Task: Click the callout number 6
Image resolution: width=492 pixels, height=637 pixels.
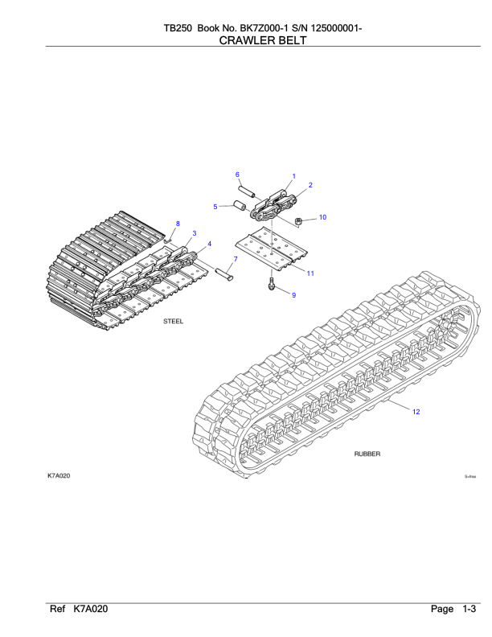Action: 237,175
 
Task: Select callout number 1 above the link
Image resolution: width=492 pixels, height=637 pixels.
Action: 294,176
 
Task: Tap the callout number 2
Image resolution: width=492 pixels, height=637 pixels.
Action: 310,185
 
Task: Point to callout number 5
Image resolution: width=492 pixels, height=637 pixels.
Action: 215,207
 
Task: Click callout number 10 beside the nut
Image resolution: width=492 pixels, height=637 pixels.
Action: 322,217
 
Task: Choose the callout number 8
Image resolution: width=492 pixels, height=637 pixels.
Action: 178,224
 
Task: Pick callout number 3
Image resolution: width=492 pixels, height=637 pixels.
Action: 195,233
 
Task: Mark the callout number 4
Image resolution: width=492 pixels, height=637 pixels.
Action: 210,244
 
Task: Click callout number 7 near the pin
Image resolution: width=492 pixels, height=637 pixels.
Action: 236,259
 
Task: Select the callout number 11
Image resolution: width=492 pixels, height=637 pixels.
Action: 310,273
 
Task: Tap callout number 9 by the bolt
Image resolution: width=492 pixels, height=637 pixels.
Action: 294,295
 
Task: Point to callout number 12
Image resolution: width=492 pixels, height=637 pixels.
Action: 416,412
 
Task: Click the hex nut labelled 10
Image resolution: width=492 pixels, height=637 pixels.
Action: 298,221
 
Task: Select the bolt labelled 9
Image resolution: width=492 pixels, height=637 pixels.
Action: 271,284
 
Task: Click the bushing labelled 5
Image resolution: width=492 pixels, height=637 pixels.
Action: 239,205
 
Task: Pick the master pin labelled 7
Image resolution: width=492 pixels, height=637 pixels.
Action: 224,274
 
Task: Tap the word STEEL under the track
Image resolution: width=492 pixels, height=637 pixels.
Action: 174,321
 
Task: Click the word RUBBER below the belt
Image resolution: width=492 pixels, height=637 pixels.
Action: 367,454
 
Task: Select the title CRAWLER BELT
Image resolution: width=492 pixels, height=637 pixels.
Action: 263,40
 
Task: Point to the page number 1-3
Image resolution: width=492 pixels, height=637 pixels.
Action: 469,609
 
